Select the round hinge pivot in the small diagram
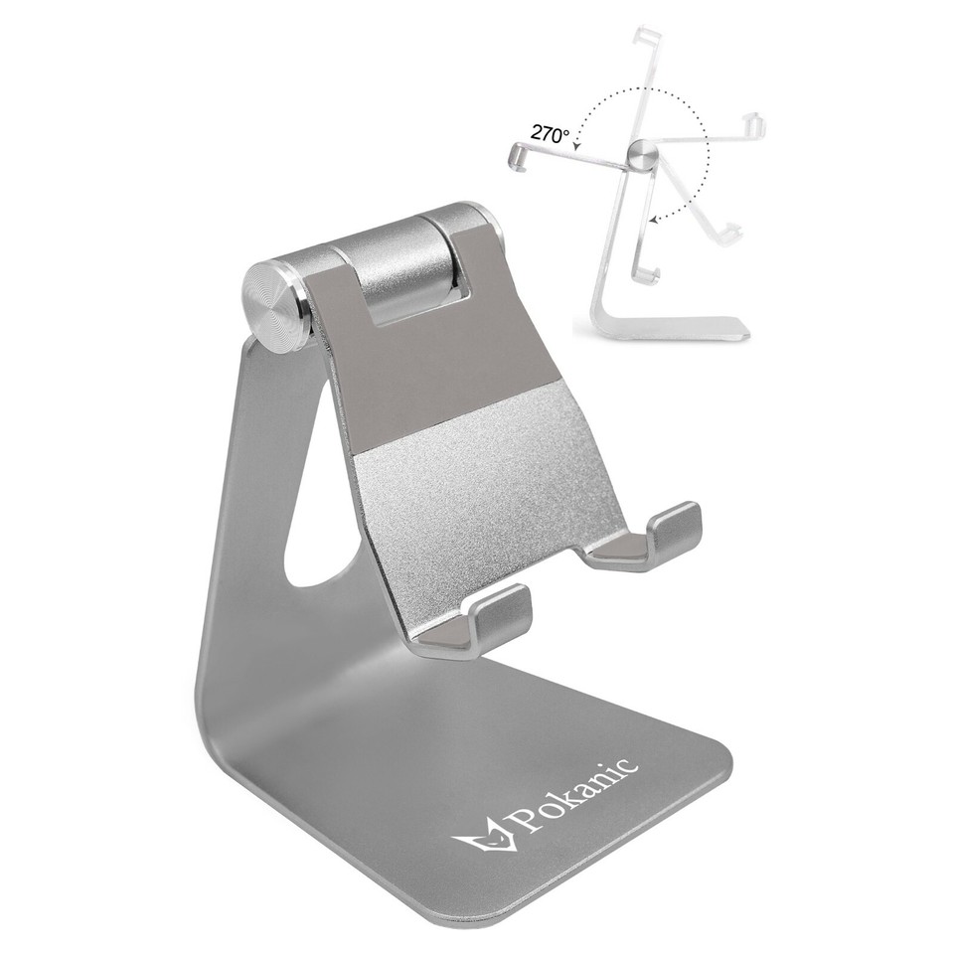(x=642, y=153)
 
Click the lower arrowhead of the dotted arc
(x=650, y=218)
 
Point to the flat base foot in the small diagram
(x=676, y=327)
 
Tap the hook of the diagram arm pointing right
(x=755, y=126)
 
